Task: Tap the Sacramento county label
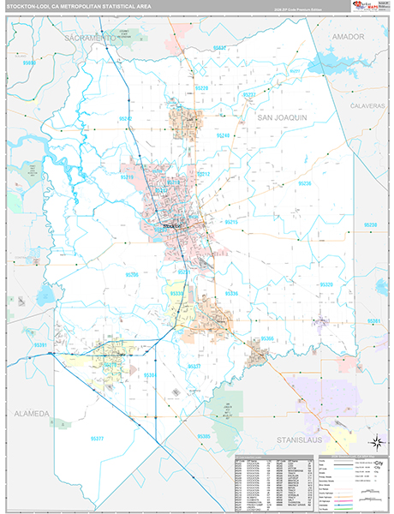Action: click(x=86, y=39)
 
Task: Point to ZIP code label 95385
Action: click(x=204, y=437)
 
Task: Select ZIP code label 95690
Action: click(x=30, y=63)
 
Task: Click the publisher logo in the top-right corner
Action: click(x=369, y=8)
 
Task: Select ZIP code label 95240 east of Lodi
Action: click(x=224, y=135)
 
